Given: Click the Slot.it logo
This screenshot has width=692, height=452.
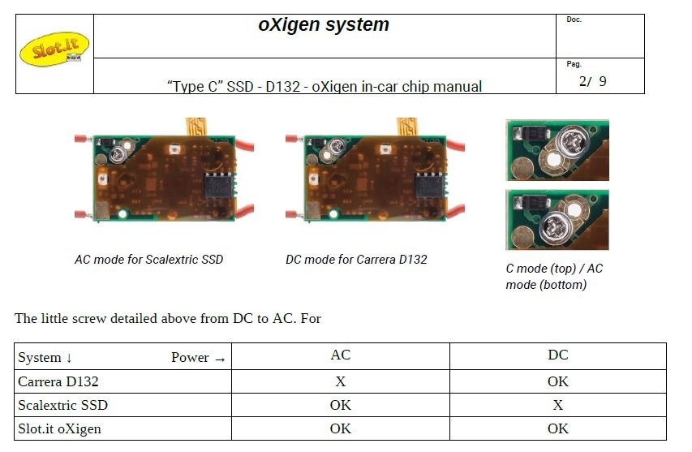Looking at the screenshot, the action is click(54, 49).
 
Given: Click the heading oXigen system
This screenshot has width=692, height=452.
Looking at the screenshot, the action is click(324, 24).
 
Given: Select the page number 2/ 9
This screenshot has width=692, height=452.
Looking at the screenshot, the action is click(593, 81).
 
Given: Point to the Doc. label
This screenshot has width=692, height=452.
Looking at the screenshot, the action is click(574, 19).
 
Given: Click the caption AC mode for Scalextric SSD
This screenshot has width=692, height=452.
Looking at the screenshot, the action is click(148, 259).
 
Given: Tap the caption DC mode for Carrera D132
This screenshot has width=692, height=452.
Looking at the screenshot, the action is click(356, 259).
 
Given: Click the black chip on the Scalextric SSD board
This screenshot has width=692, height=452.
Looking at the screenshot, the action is click(218, 185).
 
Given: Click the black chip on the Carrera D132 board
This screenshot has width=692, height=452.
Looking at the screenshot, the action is click(429, 185).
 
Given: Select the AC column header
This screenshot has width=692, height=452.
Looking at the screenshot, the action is click(340, 355).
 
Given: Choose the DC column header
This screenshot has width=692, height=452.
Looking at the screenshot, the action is click(558, 355).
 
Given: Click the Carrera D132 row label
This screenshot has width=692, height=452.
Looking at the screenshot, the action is click(58, 381).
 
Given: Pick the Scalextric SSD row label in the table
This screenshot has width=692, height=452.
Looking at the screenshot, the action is click(62, 405).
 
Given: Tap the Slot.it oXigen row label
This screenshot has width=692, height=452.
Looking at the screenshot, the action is click(59, 429).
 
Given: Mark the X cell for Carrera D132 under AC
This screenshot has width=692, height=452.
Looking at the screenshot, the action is click(340, 381).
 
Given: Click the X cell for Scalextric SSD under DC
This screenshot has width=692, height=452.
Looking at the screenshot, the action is click(558, 405).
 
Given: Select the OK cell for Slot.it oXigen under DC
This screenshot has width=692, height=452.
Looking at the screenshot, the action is click(558, 428).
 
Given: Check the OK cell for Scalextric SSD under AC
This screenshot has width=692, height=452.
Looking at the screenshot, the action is click(340, 405).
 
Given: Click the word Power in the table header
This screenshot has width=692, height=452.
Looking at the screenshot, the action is click(190, 357).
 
